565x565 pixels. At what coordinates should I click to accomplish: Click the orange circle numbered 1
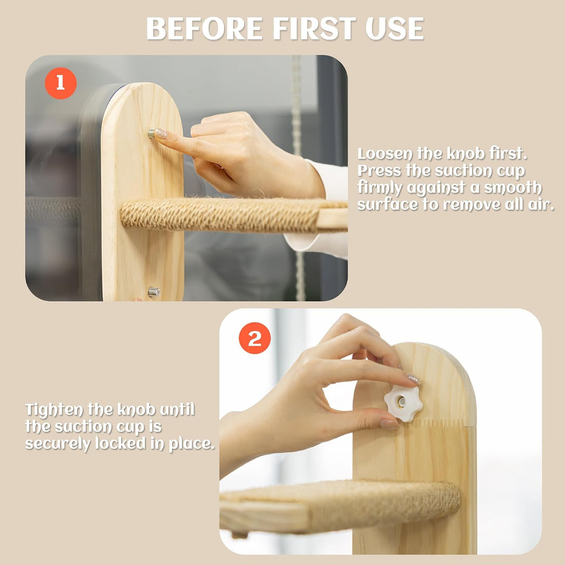coord(61,83)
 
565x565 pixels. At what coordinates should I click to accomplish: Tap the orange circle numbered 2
coord(255,338)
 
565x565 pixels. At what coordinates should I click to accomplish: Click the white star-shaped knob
coord(403,403)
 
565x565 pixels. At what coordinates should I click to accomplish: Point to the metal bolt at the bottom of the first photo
coord(154,292)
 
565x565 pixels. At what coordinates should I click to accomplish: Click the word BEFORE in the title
coord(204,28)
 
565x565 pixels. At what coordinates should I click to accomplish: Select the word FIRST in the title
coord(314,28)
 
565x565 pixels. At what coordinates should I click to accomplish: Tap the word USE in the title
coord(395,28)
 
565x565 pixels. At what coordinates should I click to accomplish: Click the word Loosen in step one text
coord(385,154)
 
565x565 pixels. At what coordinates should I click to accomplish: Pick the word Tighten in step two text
coord(54,410)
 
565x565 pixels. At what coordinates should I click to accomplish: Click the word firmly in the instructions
coord(380,187)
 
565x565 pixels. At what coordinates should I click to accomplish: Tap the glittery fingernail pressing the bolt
coord(160,134)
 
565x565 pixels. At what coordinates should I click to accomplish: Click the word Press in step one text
coord(379,171)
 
